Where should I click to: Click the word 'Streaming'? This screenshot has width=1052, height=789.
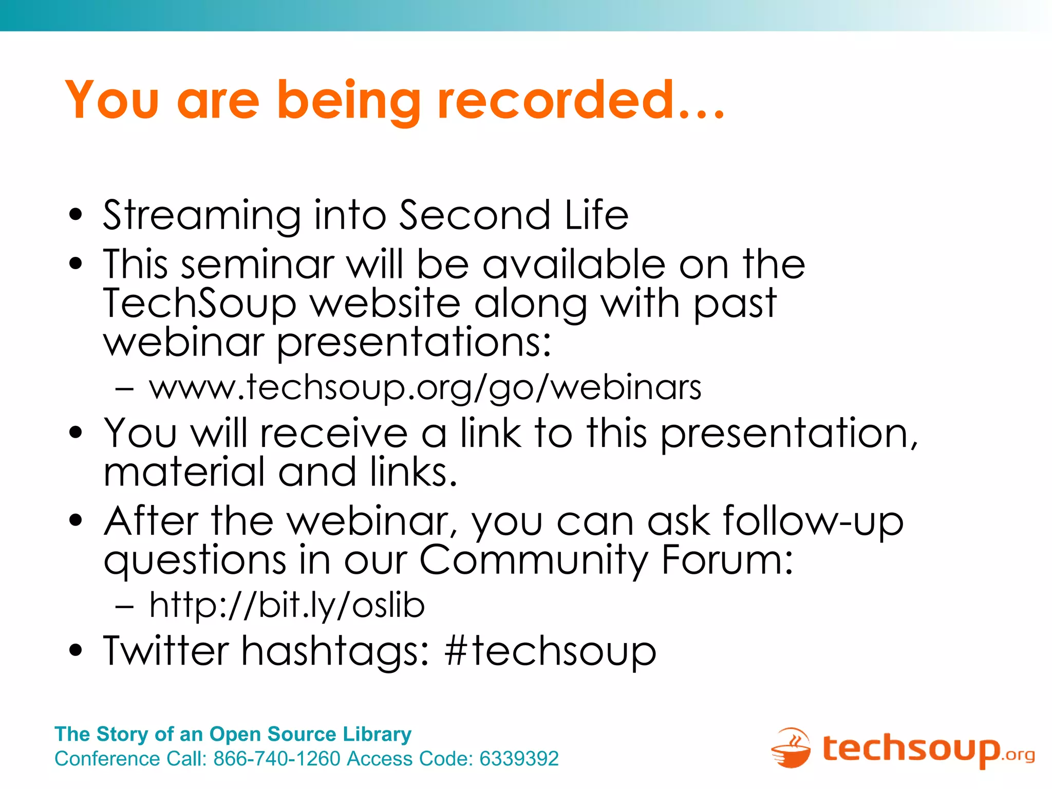tap(202, 216)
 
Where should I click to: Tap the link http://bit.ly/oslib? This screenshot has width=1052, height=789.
tap(287, 605)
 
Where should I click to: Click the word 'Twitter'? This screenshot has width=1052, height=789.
tap(166, 650)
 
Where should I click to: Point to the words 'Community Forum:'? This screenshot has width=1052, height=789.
tap(607, 560)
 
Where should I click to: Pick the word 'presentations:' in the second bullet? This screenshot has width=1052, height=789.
tap(414, 343)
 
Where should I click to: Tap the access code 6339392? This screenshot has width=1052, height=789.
tap(519, 759)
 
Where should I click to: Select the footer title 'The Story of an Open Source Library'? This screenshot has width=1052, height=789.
tap(233, 734)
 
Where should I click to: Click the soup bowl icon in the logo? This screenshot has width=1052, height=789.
tap(791, 748)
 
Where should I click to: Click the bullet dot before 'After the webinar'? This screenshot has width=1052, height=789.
tap(76, 520)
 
